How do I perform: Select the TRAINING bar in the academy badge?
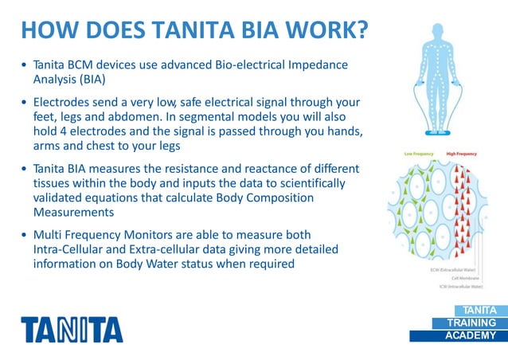[469, 323]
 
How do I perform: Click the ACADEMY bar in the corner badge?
[469, 335]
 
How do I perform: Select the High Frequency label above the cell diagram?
[461, 153]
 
